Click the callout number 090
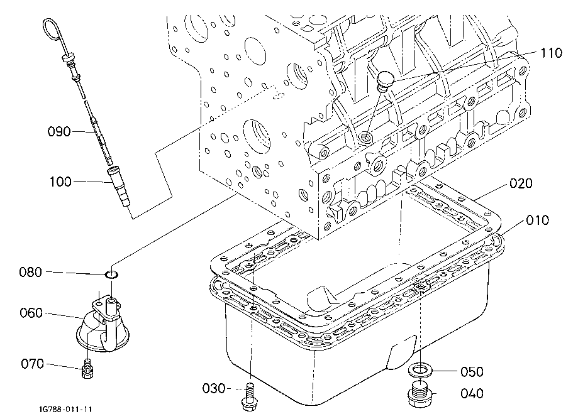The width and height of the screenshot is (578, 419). coord(59,131)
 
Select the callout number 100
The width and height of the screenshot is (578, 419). coord(61,182)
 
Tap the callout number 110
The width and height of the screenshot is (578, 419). coord(551,53)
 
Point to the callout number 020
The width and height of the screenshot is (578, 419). coord(521,183)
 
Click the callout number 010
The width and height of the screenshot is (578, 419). coord(538,220)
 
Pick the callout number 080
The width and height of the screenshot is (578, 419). coord(31,272)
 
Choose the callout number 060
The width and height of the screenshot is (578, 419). coord(31,313)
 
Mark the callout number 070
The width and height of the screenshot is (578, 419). coord(33,364)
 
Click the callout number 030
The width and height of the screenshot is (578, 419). coord(214,388)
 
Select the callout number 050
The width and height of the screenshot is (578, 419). coord(472,371)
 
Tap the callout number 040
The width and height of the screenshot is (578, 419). coord(472,393)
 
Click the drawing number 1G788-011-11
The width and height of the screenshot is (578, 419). coord(66,410)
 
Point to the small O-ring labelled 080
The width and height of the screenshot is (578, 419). coord(112,275)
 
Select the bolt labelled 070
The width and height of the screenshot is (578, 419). coord(87,369)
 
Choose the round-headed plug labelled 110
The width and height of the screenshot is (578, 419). coord(384,80)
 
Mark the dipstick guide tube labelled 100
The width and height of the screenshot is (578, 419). coord(119,186)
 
